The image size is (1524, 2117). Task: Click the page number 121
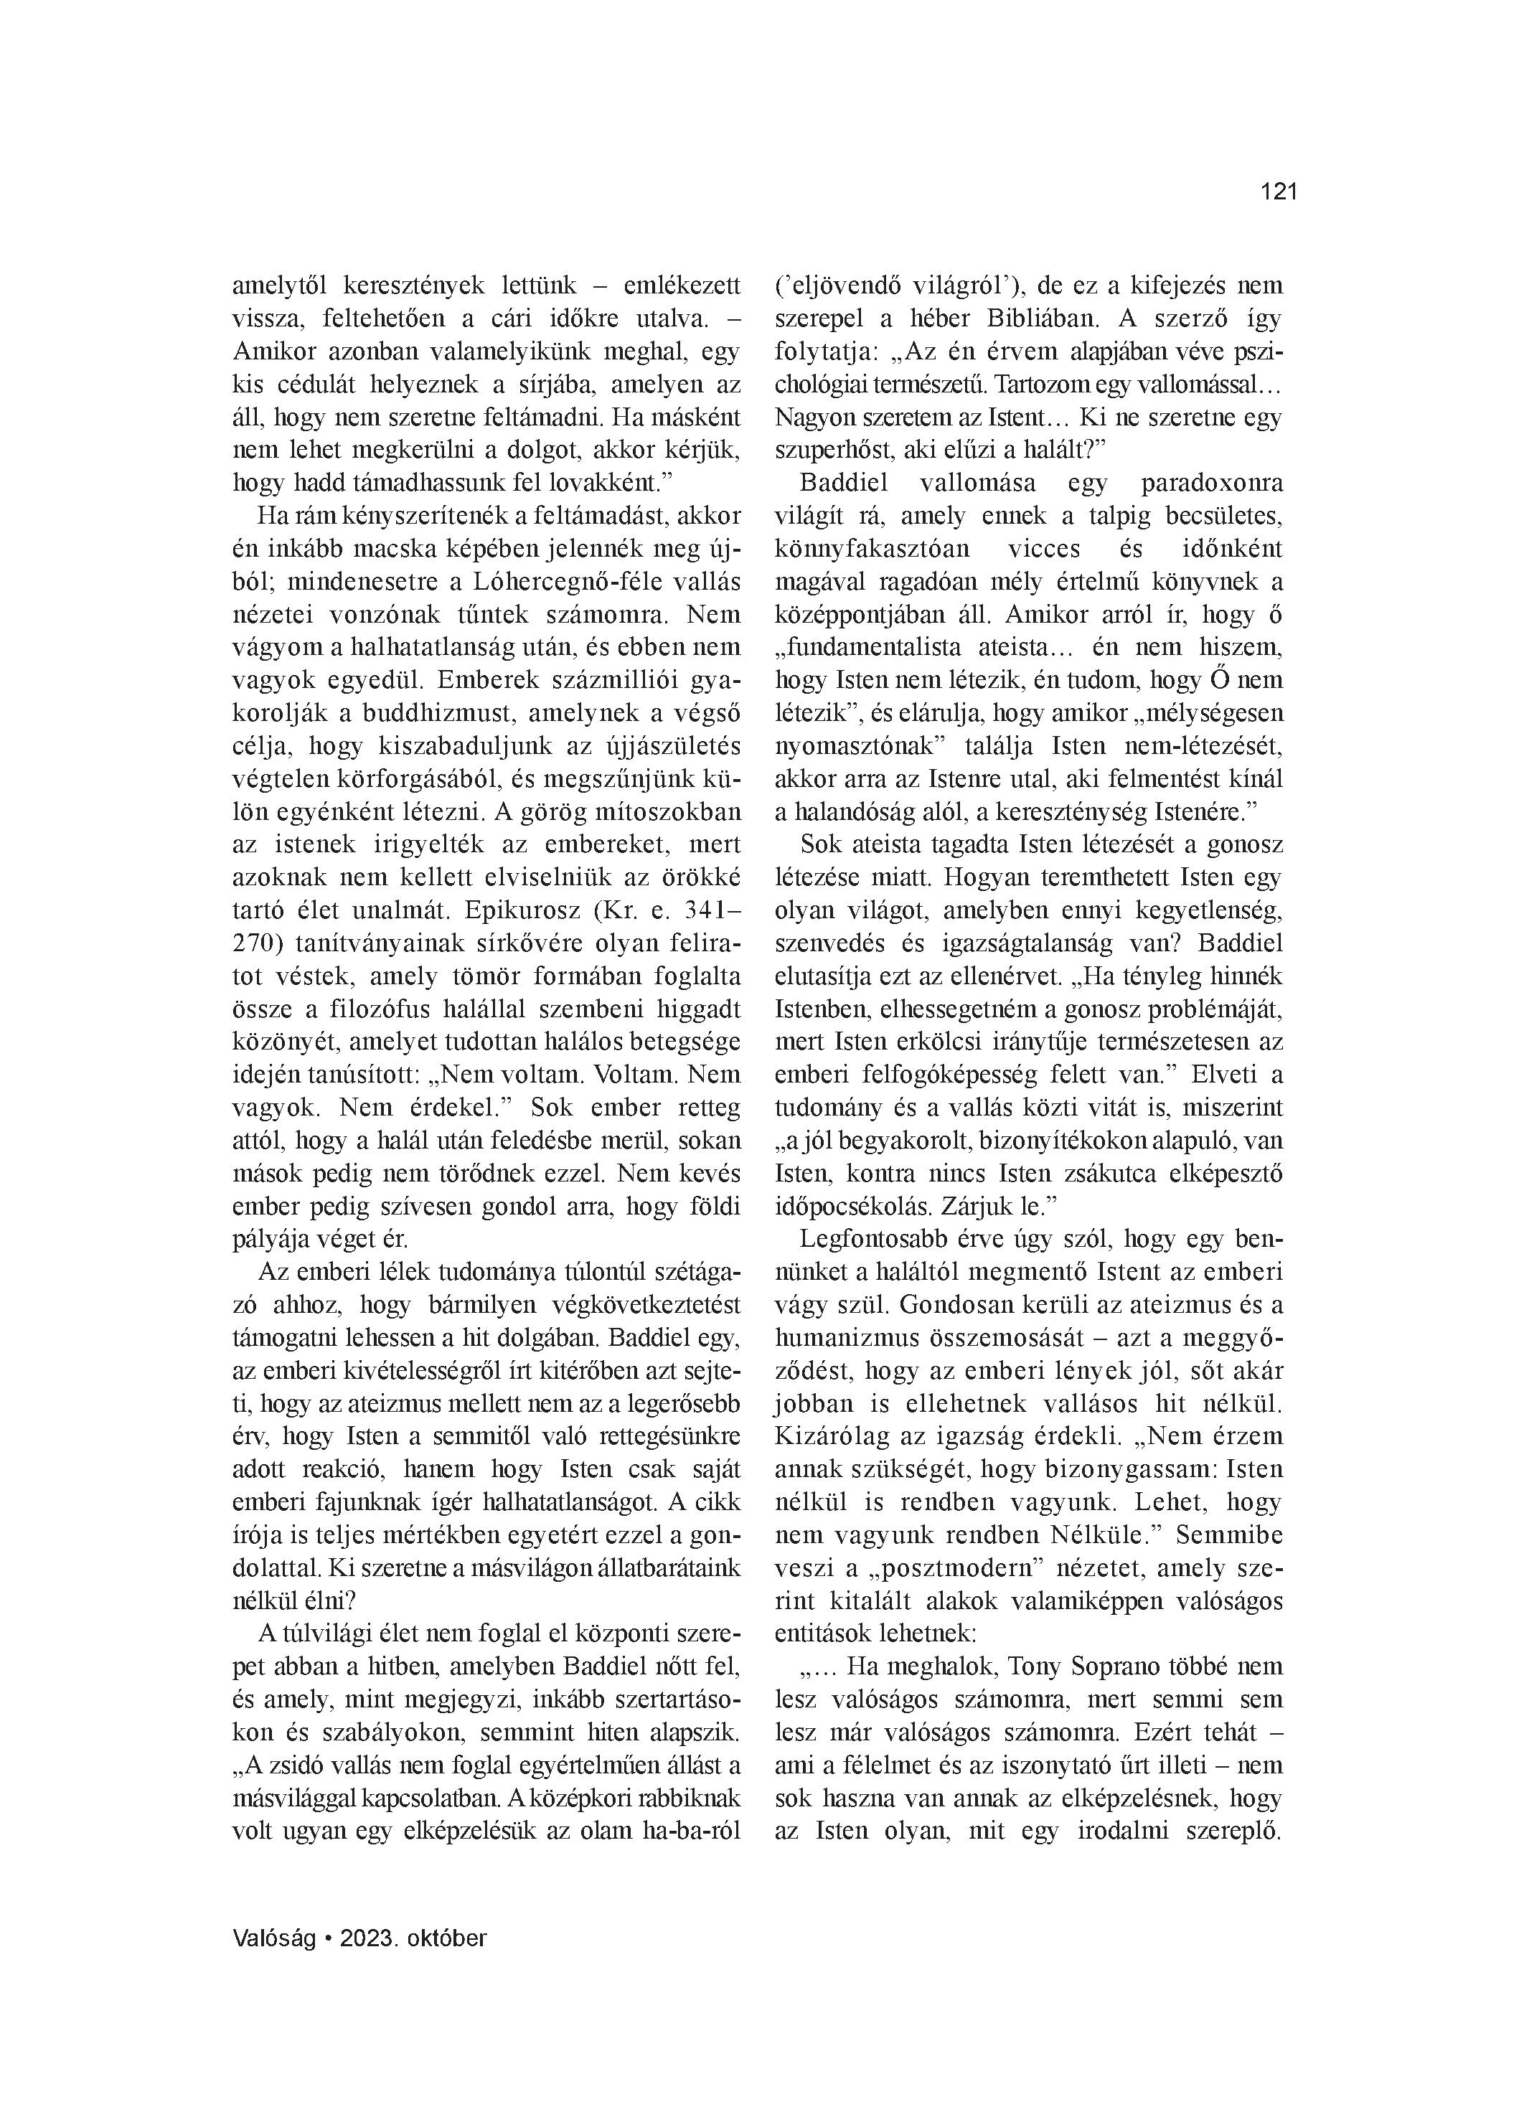1279,192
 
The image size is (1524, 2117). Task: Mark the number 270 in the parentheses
251,943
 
